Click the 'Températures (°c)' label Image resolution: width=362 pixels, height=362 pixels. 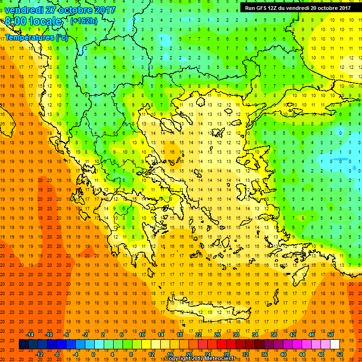coord(36,38)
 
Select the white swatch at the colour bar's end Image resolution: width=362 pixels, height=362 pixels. coord(335,345)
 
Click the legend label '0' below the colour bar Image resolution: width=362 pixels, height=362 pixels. coord(93,354)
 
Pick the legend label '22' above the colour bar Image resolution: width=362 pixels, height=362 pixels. coord(198,335)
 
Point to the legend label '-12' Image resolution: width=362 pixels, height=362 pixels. coord(39,354)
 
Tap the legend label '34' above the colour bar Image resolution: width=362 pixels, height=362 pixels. coord(255,335)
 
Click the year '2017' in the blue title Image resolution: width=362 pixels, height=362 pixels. coord(105,9)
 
